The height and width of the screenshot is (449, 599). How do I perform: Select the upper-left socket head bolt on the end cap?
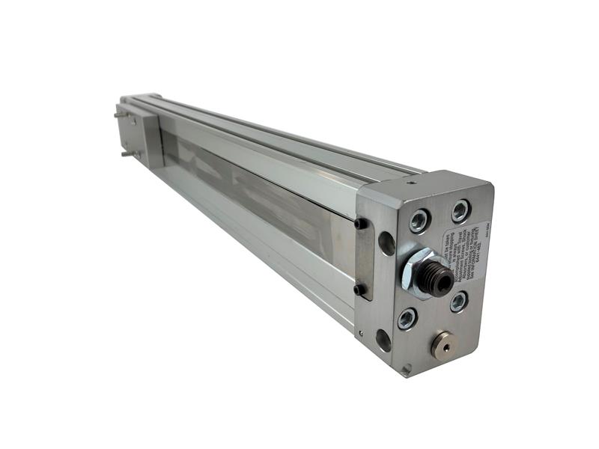pyautogui.click(x=419, y=221)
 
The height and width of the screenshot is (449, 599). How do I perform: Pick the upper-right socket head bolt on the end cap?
pyautogui.click(x=460, y=211)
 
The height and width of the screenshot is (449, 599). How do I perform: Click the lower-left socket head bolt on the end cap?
pyautogui.click(x=407, y=318)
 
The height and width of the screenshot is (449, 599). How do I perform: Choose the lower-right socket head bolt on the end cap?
pyautogui.click(x=458, y=301)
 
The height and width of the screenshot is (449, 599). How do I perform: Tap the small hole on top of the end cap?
pyautogui.click(x=410, y=181)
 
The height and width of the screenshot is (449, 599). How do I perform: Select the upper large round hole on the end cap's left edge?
pyautogui.click(x=386, y=242)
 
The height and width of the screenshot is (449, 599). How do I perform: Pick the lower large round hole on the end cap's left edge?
pyautogui.click(x=383, y=340)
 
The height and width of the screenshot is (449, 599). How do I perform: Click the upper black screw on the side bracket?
pyautogui.click(x=360, y=223)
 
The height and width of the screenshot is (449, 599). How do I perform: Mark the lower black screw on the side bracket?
pyautogui.click(x=359, y=289)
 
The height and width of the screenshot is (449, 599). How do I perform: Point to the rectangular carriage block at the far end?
pyautogui.click(x=142, y=135)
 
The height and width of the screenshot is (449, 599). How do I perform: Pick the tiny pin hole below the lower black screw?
pyautogui.click(x=360, y=334)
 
